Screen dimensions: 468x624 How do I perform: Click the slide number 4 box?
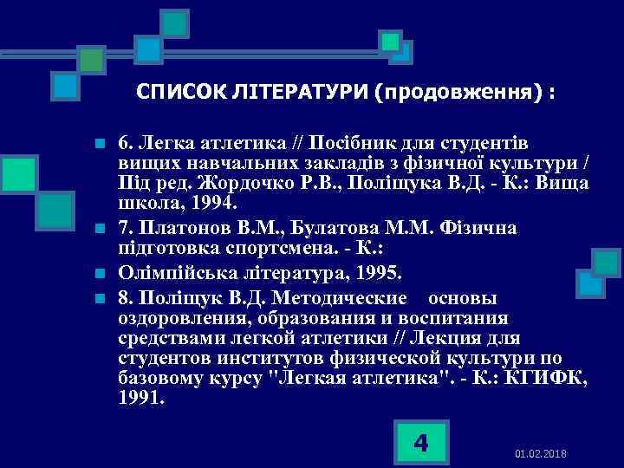point(421,443)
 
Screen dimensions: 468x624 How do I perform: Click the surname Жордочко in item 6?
point(246,183)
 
